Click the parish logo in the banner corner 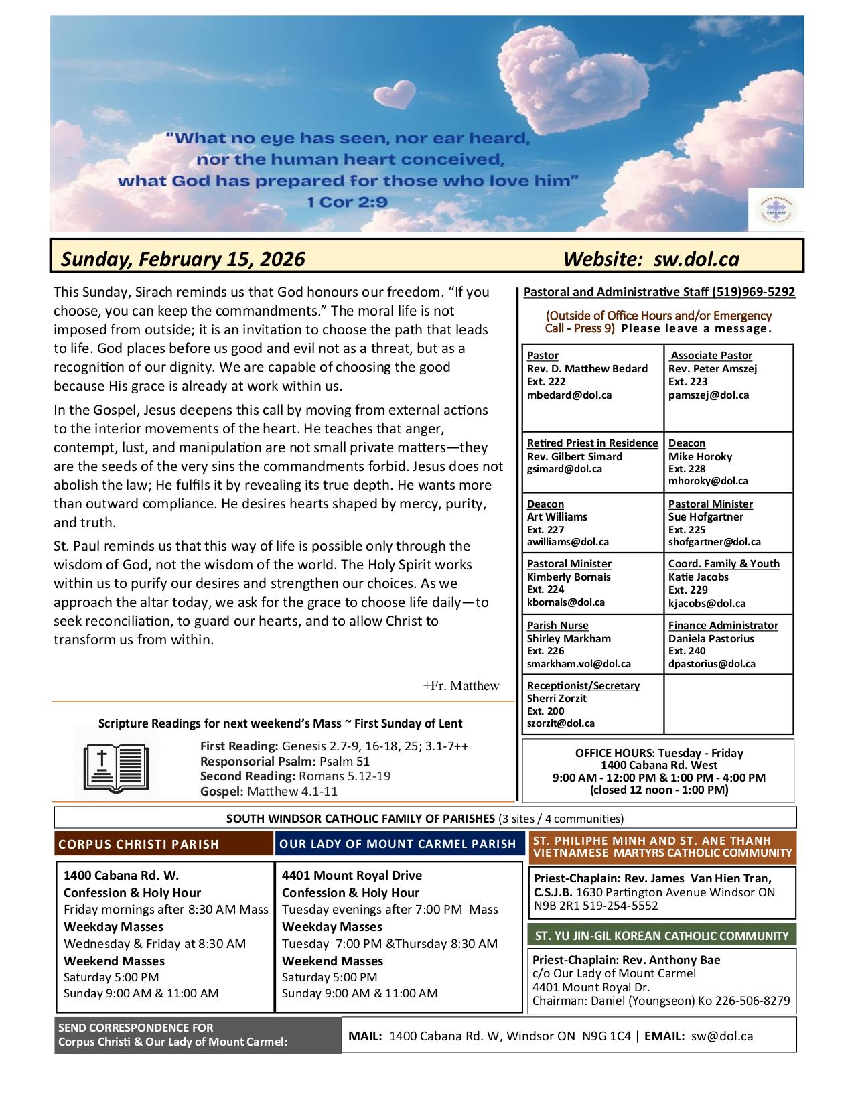click(x=775, y=210)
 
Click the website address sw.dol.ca click(x=697, y=259)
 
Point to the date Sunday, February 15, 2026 click(x=183, y=259)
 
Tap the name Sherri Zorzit click(x=557, y=698)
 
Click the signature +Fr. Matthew click(x=461, y=685)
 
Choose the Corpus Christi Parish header click(x=139, y=844)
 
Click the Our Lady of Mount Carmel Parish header click(x=398, y=844)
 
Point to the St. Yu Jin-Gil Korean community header click(x=662, y=935)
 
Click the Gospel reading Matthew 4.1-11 click(x=292, y=791)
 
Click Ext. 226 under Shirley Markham click(x=545, y=650)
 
